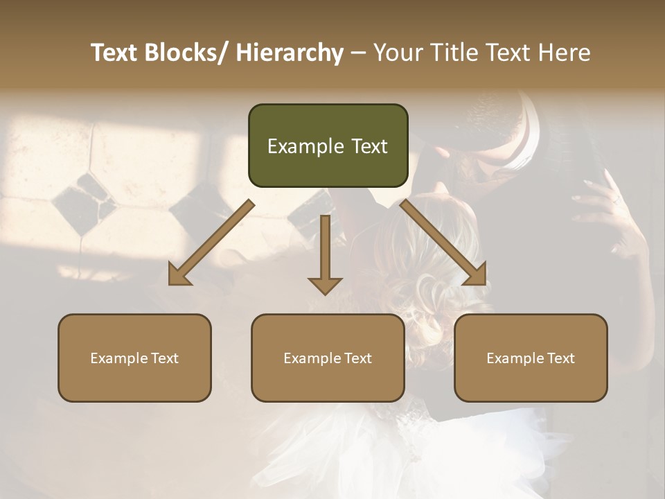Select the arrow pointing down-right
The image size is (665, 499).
(x=443, y=243)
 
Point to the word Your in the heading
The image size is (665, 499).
(x=397, y=53)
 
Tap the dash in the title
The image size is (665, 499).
(x=358, y=53)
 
